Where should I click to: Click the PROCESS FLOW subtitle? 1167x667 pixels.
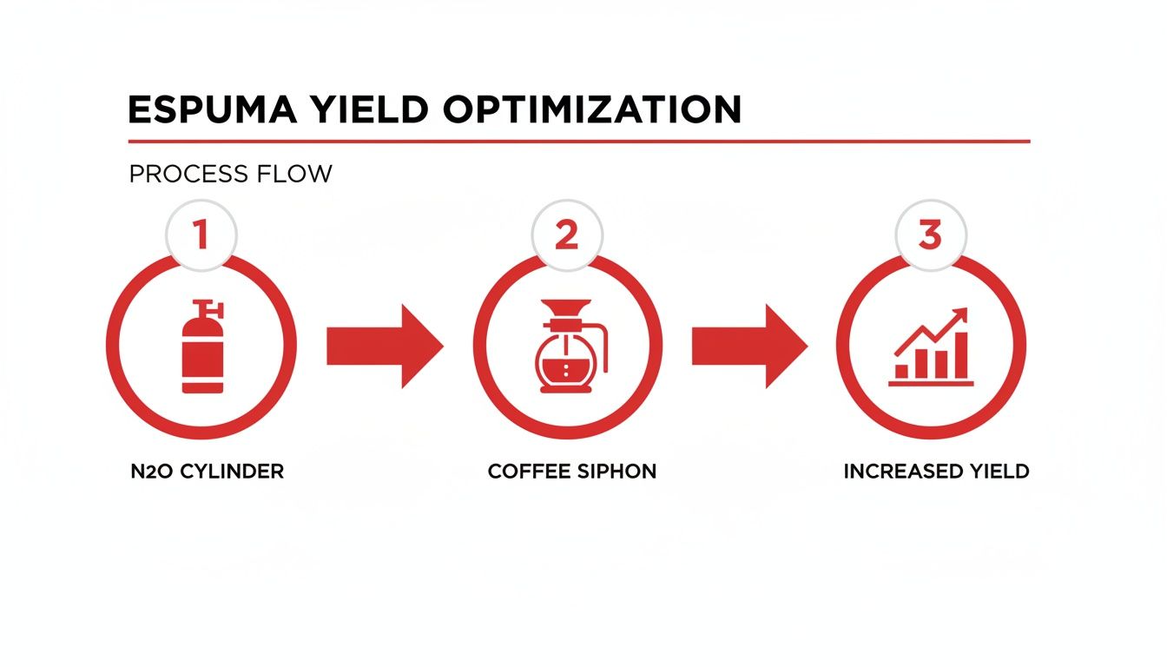230,174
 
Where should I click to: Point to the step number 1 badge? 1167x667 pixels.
201,234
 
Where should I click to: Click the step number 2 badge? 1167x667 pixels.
566,234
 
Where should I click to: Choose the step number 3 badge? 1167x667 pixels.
930,234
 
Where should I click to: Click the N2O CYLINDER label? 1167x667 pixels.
207,472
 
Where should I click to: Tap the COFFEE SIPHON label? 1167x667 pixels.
571,472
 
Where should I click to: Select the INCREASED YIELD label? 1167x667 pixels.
936,472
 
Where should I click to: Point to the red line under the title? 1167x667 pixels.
578,141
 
